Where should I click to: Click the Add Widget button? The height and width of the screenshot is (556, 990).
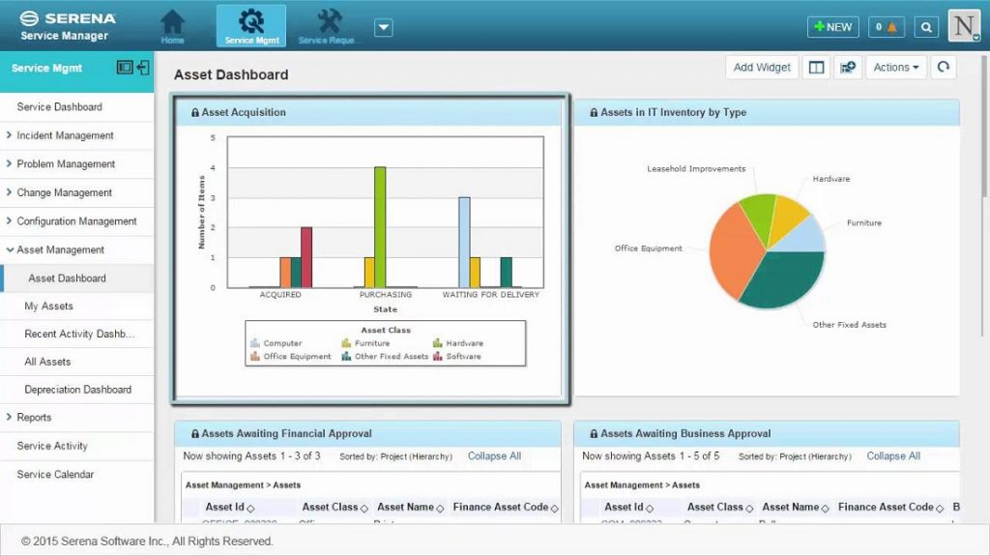pos(762,68)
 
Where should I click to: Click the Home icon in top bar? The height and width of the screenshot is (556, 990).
pos(173,26)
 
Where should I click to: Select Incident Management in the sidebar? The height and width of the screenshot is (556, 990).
pos(65,135)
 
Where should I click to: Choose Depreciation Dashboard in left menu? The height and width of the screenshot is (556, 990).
pos(77,390)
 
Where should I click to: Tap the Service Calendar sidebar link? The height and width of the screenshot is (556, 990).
pos(55,475)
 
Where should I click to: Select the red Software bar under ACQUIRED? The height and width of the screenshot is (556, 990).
pos(306,257)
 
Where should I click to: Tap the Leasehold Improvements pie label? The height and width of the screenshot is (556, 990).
pos(696,169)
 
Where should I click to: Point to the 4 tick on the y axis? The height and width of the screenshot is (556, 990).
pos(213,168)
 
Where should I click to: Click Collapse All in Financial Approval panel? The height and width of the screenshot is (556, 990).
pos(494,456)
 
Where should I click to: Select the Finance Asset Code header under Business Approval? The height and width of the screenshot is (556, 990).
pos(886,507)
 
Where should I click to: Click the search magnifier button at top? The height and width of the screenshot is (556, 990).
pos(926,27)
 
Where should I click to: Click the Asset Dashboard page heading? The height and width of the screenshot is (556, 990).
pos(231,74)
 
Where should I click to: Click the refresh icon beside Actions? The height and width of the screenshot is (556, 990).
pos(943,68)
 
